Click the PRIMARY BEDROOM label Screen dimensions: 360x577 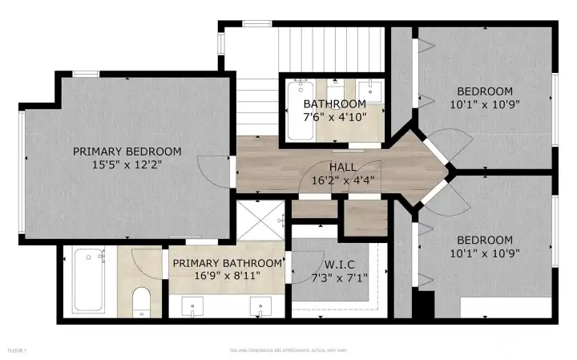(x=127, y=151)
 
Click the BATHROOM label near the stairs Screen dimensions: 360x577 (x=334, y=104)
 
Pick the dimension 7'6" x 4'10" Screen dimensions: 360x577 (x=334, y=117)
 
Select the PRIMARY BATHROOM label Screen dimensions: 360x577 (x=228, y=264)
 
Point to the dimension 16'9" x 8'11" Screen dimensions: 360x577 (x=228, y=277)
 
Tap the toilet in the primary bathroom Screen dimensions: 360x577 (x=142, y=301)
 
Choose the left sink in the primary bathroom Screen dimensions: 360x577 (x=193, y=305)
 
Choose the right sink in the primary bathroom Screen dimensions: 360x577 (x=260, y=305)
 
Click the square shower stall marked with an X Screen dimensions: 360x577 (x=260, y=219)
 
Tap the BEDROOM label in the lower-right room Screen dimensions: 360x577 (x=484, y=240)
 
